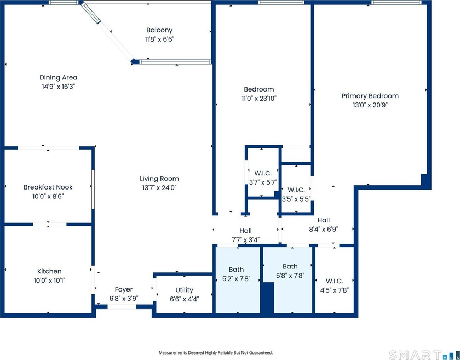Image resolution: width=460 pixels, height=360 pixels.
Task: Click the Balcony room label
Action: (x=159, y=30)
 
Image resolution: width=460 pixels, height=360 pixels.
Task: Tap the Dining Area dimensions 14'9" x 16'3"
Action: (x=59, y=87)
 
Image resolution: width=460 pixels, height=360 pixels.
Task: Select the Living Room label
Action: (x=159, y=179)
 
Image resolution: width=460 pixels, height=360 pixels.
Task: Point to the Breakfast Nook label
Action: (x=48, y=187)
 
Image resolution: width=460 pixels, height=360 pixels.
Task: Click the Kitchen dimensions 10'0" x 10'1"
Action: (x=49, y=281)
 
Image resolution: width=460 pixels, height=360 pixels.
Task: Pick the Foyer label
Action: (x=124, y=289)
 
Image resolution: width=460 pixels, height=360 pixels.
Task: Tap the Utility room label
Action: (x=184, y=290)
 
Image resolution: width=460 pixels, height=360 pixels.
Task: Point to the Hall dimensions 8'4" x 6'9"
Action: (x=324, y=230)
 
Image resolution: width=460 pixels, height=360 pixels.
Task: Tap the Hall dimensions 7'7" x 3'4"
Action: (x=245, y=240)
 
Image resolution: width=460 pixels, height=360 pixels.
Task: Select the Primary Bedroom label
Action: (x=370, y=96)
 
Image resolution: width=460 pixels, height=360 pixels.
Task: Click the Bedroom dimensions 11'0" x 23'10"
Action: (x=259, y=99)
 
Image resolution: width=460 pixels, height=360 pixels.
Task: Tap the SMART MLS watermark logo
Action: (x=424, y=355)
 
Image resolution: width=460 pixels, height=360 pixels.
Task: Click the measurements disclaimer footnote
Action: (x=216, y=353)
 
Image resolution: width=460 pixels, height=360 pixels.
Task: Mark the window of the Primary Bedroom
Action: (x=396, y=2)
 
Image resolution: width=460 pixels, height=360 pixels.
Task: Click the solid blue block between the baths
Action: (x=267, y=298)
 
